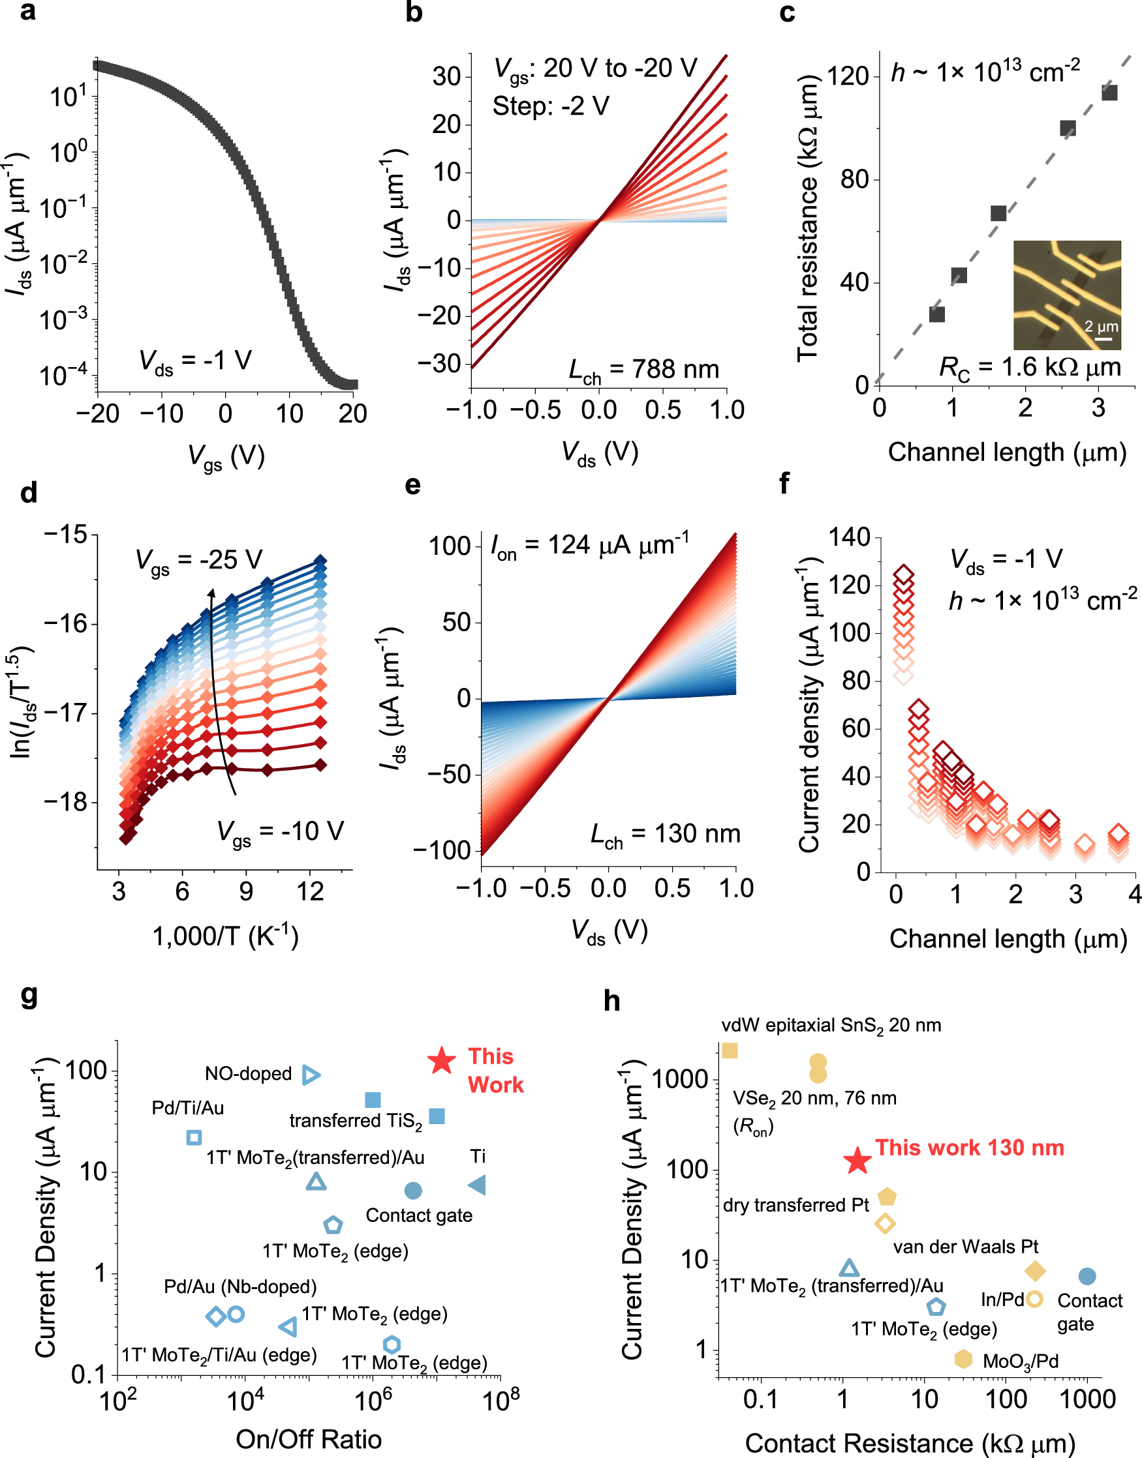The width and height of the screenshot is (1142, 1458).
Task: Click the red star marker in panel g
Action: pos(441,1060)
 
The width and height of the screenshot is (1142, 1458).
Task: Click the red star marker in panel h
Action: pos(857,1161)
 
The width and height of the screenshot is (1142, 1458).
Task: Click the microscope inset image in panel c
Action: pos(1067,295)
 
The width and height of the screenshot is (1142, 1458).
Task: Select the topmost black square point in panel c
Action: pos(1109,92)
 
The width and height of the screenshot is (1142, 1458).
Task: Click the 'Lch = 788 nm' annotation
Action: pos(643,370)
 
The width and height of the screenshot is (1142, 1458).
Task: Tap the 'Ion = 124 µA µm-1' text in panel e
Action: pos(590,546)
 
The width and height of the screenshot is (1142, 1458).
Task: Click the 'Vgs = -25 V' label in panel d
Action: pos(198,560)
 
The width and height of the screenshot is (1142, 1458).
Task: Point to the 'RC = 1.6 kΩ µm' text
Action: pos(1030,368)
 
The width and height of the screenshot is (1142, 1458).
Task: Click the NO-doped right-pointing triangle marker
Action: pos(311,1075)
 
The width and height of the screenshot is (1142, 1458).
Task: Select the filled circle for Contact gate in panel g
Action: pos(413,1190)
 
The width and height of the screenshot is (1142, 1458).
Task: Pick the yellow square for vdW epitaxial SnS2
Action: pos(730,1050)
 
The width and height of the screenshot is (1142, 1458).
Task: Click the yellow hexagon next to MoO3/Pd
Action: pos(963,1359)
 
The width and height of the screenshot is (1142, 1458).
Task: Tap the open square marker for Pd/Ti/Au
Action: pos(194,1137)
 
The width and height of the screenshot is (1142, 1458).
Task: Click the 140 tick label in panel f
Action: pos(849,537)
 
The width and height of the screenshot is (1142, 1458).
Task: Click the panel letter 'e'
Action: pos(412,485)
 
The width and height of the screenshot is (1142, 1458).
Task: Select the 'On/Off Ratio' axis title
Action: pos(308,1438)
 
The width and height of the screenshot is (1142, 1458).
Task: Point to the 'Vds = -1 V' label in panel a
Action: pos(194,361)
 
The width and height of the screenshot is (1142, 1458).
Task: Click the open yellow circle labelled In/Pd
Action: pos(1034,1299)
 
